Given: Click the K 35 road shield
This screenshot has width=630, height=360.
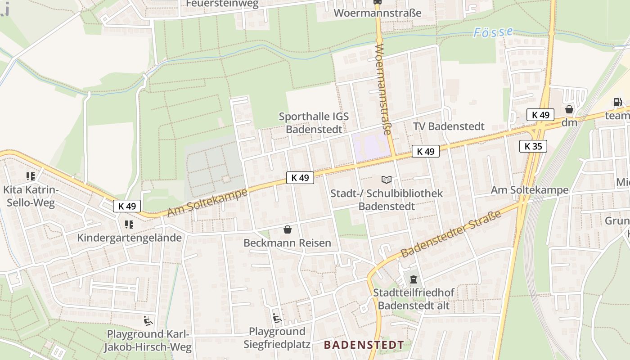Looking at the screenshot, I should pyautogui.click(x=533, y=146).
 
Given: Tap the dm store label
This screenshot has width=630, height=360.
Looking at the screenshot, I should pyautogui.click(x=569, y=122).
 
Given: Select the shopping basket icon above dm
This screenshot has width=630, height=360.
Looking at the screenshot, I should pyautogui.click(x=569, y=109).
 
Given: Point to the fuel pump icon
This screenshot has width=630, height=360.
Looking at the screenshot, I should pyautogui.click(x=617, y=102).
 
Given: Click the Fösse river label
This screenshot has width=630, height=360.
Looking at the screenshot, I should pyautogui.click(x=493, y=32).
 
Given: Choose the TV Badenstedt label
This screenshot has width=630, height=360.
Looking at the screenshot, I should pyautogui.click(x=449, y=126).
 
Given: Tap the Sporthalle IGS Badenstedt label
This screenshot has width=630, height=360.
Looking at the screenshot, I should pyautogui.click(x=314, y=123).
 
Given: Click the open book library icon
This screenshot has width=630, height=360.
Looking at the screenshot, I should pyautogui.click(x=387, y=180).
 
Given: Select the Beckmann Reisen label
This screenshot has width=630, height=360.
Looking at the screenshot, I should pyautogui.click(x=287, y=243).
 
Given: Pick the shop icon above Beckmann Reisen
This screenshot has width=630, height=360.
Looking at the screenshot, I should pyautogui.click(x=288, y=230).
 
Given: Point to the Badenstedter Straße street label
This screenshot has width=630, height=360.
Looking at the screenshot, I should pyautogui.click(x=451, y=235).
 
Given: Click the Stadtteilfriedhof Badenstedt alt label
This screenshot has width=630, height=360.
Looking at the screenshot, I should pyautogui.click(x=414, y=299).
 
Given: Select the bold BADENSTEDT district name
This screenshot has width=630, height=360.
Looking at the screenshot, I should pyautogui.click(x=364, y=345).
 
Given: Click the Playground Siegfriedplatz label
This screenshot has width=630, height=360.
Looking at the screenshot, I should pyautogui.click(x=277, y=338).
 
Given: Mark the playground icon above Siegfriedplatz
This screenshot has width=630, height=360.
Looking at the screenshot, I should pyautogui.click(x=277, y=319).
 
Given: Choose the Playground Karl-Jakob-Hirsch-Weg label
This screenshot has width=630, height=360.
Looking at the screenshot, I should pyautogui.click(x=148, y=341).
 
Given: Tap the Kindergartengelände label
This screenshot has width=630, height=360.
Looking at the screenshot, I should pyautogui.click(x=130, y=238).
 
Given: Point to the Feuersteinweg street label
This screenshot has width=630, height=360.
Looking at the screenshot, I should pyautogui.click(x=222, y=4).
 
